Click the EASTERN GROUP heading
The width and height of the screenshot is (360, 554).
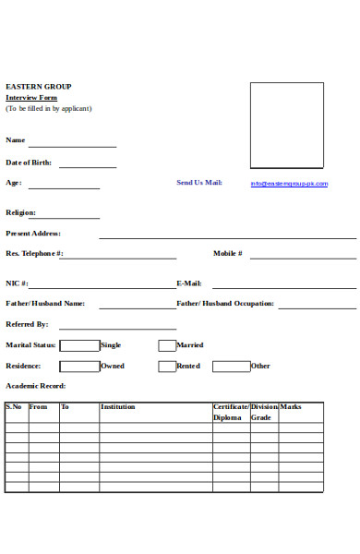tap(38, 87)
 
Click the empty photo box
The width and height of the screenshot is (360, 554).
tap(287, 126)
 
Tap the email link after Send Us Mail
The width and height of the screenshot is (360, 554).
tap(289, 184)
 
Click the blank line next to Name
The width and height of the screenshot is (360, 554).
tap(72, 145)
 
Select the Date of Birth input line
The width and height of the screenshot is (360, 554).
tap(88, 166)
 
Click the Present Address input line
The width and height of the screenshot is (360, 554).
tap(227, 236)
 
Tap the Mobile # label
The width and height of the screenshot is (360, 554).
tap(228, 253)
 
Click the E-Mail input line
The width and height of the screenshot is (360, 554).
tap(284, 287)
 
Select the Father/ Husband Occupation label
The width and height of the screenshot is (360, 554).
tap(225, 303)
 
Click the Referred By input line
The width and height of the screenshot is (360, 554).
tap(117, 327)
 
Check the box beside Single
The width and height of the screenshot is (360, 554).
tap(79, 345)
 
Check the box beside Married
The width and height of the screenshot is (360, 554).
tap(167, 345)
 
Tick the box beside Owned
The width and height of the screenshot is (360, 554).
tap(79, 367)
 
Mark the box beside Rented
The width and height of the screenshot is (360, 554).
tap(167, 367)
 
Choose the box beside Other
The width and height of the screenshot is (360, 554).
tap(231, 367)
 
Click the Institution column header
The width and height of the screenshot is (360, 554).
tap(117, 406)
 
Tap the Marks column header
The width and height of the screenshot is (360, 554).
tap(291, 406)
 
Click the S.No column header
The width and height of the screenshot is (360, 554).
tap(14, 406)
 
